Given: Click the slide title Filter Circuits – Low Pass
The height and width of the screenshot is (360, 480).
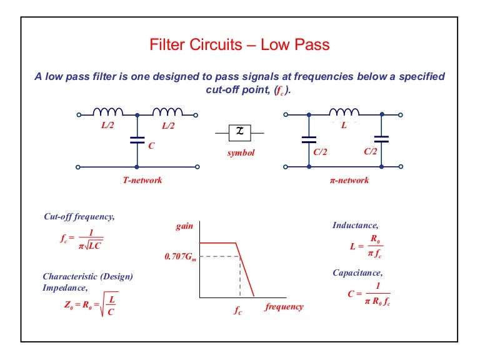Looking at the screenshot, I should pos(240,45).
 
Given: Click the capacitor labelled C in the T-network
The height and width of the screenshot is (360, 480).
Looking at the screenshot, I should pos(137,141).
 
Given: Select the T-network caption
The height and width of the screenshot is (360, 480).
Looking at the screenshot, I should pos(142,180).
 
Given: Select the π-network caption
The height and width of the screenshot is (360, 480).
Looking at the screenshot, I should pos(349,180).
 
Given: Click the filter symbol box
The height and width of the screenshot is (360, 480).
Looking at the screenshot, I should pos(239,133).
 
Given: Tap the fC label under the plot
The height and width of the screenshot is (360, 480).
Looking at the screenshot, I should pos(238,308).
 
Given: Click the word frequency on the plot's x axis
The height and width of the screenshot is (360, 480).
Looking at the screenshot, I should pos(284,307).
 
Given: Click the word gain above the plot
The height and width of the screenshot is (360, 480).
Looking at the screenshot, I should pos(184,227).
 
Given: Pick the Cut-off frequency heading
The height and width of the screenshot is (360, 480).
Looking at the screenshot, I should pos(79,217).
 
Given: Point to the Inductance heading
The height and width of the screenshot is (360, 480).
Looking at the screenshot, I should pos(355,224).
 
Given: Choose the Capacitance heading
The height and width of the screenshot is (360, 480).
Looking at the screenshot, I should pos(357,272).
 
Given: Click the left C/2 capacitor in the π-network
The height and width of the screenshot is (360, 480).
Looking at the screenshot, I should pos(308,141).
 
